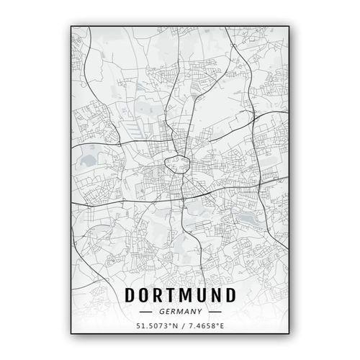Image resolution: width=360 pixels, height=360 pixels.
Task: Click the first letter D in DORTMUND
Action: (x=130, y=294)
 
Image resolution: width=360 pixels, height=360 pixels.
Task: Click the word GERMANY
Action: (x=180, y=312)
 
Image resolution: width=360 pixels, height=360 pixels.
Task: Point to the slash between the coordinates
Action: (x=180, y=328)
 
